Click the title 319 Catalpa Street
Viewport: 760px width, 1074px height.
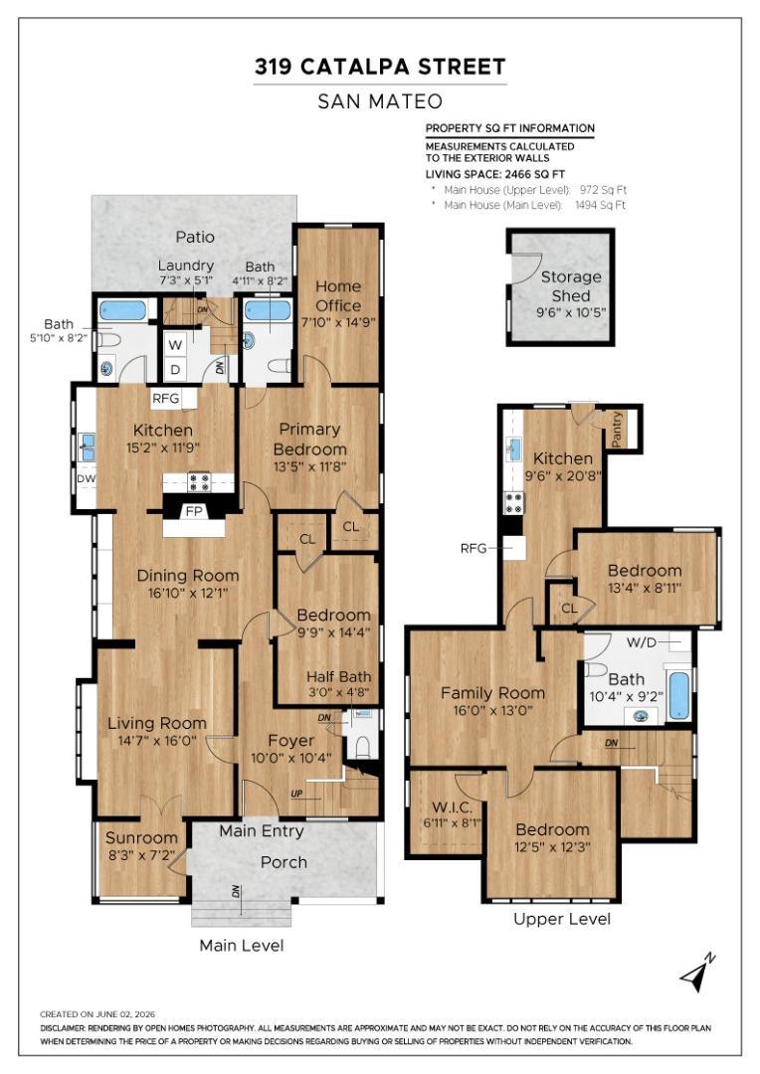[x=380, y=67]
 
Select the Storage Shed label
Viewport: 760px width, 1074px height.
[x=571, y=286]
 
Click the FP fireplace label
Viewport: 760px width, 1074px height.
[x=194, y=511]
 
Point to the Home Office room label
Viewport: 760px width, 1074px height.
[x=338, y=296]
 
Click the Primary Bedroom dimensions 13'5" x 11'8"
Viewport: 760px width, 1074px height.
[x=309, y=467]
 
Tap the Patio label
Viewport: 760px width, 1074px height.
[x=195, y=237]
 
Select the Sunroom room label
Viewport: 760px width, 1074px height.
[x=141, y=837]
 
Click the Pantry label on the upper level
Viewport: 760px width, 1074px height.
[x=617, y=429]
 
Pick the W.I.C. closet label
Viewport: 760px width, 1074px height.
[x=452, y=806]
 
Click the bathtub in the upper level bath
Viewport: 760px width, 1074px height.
[x=678, y=695]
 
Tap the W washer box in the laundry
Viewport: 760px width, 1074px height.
[x=175, y=345]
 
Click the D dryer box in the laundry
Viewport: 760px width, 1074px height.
[x=175, y=370]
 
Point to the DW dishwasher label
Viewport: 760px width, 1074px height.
[x=87, y=478]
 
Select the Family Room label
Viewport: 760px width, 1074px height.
[x=492, y=693]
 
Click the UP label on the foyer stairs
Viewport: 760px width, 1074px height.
[x=296, y=794]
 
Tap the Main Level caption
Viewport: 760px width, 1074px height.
[x=241, y=946]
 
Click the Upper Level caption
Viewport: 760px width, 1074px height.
[x=562, y=919]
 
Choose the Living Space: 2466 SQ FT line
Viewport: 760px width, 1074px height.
[x=494, y=174]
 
